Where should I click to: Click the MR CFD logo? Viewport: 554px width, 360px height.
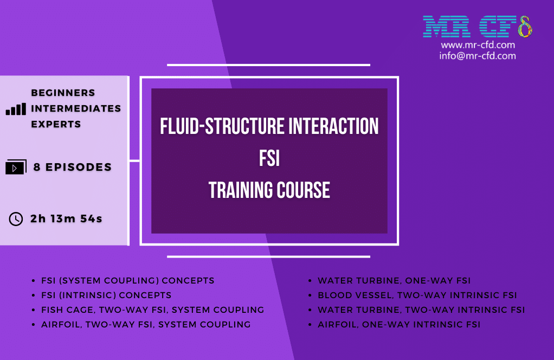477,26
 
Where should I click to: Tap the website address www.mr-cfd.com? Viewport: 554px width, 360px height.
478,45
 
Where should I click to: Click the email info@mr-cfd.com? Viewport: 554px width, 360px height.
478,56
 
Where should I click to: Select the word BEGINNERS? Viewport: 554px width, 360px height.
63,93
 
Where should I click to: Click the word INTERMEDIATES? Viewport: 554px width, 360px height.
76,108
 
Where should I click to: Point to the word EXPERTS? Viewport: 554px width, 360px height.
56,124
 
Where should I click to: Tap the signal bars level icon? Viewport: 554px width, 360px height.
16,109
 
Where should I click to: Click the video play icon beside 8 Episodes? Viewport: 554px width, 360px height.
16,168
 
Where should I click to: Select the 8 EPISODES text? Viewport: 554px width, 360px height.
73,168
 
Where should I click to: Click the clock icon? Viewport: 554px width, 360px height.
16,219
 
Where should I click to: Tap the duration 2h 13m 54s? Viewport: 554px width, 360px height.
67,219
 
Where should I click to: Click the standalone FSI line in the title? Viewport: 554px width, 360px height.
269,159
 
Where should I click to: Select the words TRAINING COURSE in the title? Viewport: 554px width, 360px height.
269,190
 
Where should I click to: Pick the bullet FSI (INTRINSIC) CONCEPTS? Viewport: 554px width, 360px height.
106,295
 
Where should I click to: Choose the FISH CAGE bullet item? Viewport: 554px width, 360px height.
152,310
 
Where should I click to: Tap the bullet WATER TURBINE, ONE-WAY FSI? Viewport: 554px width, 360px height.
394,281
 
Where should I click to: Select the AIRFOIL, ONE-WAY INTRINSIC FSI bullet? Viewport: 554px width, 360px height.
399,325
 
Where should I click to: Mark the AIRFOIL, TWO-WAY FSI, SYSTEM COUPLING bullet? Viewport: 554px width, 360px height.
146,325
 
